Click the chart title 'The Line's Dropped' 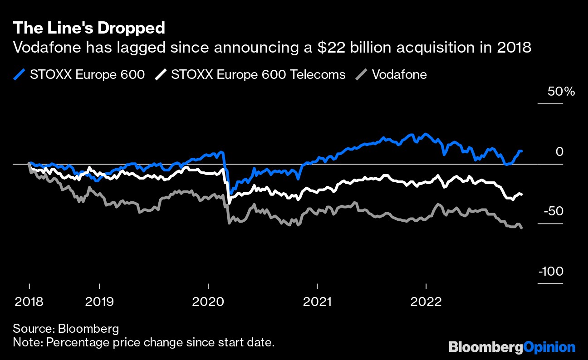[x=89, y=28]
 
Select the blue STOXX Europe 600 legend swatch [x=20, y=74]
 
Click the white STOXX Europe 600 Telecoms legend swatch [x=161, y=74]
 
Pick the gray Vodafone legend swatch [x=362, y=74]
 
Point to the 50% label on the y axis [x=561, y=92]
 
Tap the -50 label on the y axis [x=556, y=212]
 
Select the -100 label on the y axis [x=551, y=272]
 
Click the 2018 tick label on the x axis [x=29, y=301]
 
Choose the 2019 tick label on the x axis [x=99, y=301]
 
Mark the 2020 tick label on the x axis [x=208, y=301]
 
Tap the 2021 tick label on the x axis [x=317, y=301]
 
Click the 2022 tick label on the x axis [x=426, y=301]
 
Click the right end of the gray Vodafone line [x=521, y=228]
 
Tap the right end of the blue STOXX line [x=521, y=151]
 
